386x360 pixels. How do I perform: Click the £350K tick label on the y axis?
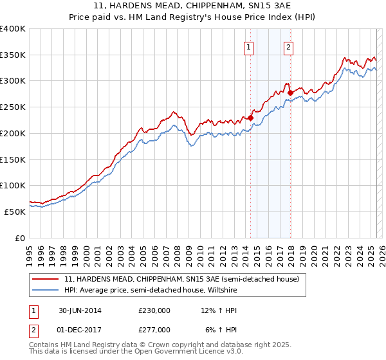point(13,55)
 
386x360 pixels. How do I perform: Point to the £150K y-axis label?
point(13,159)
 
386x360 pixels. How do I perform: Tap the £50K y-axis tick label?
point(15,212)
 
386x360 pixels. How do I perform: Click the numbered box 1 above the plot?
point(248,46)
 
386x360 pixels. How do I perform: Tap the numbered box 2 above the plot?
point(289,46)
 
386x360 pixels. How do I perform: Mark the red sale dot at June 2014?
point(250,118)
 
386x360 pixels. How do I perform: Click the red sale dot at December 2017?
point(289,93)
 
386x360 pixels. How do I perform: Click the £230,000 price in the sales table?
point(154,310)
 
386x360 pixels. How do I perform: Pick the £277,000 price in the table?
point(154,330)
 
